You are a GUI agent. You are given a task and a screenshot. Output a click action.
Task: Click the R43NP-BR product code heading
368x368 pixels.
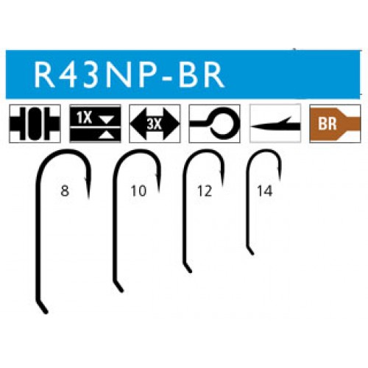point(129,74)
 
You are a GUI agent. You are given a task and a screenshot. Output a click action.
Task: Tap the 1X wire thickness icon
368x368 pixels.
point(95,124)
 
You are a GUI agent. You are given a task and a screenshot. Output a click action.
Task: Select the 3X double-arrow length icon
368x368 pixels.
point(155,124)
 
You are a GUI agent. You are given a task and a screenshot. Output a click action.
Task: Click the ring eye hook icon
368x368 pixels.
point(214,124)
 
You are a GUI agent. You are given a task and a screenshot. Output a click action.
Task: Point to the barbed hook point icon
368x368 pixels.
point(275,124)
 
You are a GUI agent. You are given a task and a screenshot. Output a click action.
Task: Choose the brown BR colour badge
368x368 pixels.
point(335,124)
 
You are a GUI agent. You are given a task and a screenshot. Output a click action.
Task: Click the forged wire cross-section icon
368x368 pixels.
point(35,124)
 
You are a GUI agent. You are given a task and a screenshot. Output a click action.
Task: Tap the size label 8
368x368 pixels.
point(65,191)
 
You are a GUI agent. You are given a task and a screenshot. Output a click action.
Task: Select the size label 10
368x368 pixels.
point(138,191)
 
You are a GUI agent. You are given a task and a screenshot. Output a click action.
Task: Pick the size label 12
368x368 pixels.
point(205,191)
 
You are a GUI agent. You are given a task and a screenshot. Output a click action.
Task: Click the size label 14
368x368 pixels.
point(265,191)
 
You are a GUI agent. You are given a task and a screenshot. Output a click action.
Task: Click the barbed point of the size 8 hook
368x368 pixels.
point(88,198)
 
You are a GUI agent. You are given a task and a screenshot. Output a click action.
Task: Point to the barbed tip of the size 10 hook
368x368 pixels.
point(159,191)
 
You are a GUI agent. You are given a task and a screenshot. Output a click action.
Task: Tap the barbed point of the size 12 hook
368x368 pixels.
point(223,184)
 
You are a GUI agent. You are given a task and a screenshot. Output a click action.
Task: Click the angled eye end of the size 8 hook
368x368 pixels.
point(46,312)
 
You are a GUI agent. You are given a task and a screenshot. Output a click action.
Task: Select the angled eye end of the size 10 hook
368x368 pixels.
point(121,291)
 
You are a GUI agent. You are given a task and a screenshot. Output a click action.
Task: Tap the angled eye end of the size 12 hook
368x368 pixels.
point(190,272)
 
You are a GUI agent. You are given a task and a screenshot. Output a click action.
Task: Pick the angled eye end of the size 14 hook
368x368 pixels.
point(252,254)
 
